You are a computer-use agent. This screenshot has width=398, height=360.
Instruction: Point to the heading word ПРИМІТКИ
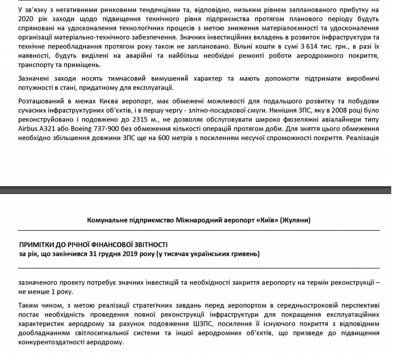coord(39,245)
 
